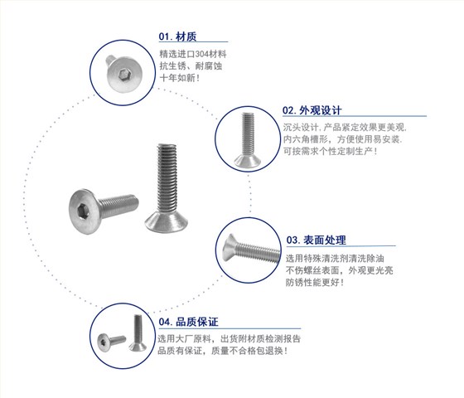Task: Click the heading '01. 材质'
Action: click(x=177, y=36)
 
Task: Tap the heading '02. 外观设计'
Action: click(x=312, y=110)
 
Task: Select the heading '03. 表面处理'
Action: click(x=316, y=240)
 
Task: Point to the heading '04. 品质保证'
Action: click(x=188, y=322)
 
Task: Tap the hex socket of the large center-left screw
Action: click(x=81, y=212)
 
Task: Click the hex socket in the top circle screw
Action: click(x=123, y=75)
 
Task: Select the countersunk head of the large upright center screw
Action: click(x=167, y=222)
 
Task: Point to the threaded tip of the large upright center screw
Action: click(x=167, y=147)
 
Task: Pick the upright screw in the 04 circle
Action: click(x=138, y=332)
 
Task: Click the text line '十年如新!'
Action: click(x=180, y=78)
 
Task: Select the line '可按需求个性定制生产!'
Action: click(x=330, y=151)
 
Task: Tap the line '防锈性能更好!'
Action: click(x=315, y=282)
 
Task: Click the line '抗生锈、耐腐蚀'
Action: click(x=191, y=66)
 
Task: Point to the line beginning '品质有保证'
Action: click(x=222, y=351)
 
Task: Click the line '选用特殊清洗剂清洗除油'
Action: click(x=335, y=258)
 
